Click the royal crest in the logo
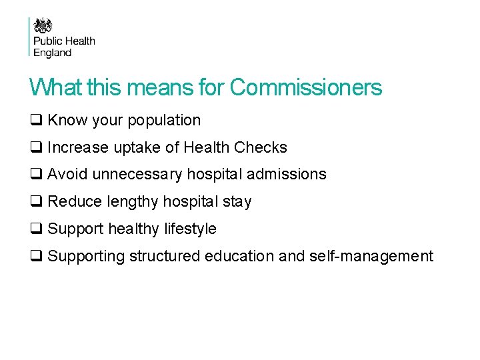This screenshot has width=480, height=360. pyautogui.click(x=43, y=26)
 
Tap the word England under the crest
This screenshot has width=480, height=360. pyautogui.click(x=53, y=53)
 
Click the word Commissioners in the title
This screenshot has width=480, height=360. pyautogui.click(x=306, y=87)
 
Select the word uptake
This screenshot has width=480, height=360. pyautogui.click(x=137, y=147)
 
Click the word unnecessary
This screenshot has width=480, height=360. pyautogui.click(x=138, y=175)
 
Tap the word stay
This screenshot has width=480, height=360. pyautogui.click(x=237, y=201)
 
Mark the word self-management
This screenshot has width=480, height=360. pyautogui.click(x=371, y=256)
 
